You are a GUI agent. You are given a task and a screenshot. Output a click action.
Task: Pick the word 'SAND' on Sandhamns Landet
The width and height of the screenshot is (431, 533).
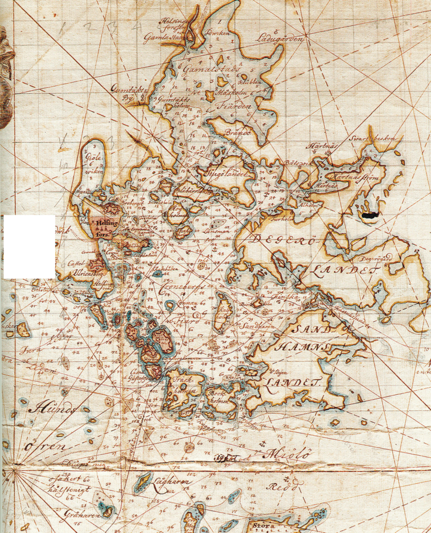pos(315,330)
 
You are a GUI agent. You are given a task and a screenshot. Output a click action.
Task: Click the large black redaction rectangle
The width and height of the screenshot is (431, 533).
pos(29,247)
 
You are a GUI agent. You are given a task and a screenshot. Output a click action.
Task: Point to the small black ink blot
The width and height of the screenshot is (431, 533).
pos(369,215)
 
